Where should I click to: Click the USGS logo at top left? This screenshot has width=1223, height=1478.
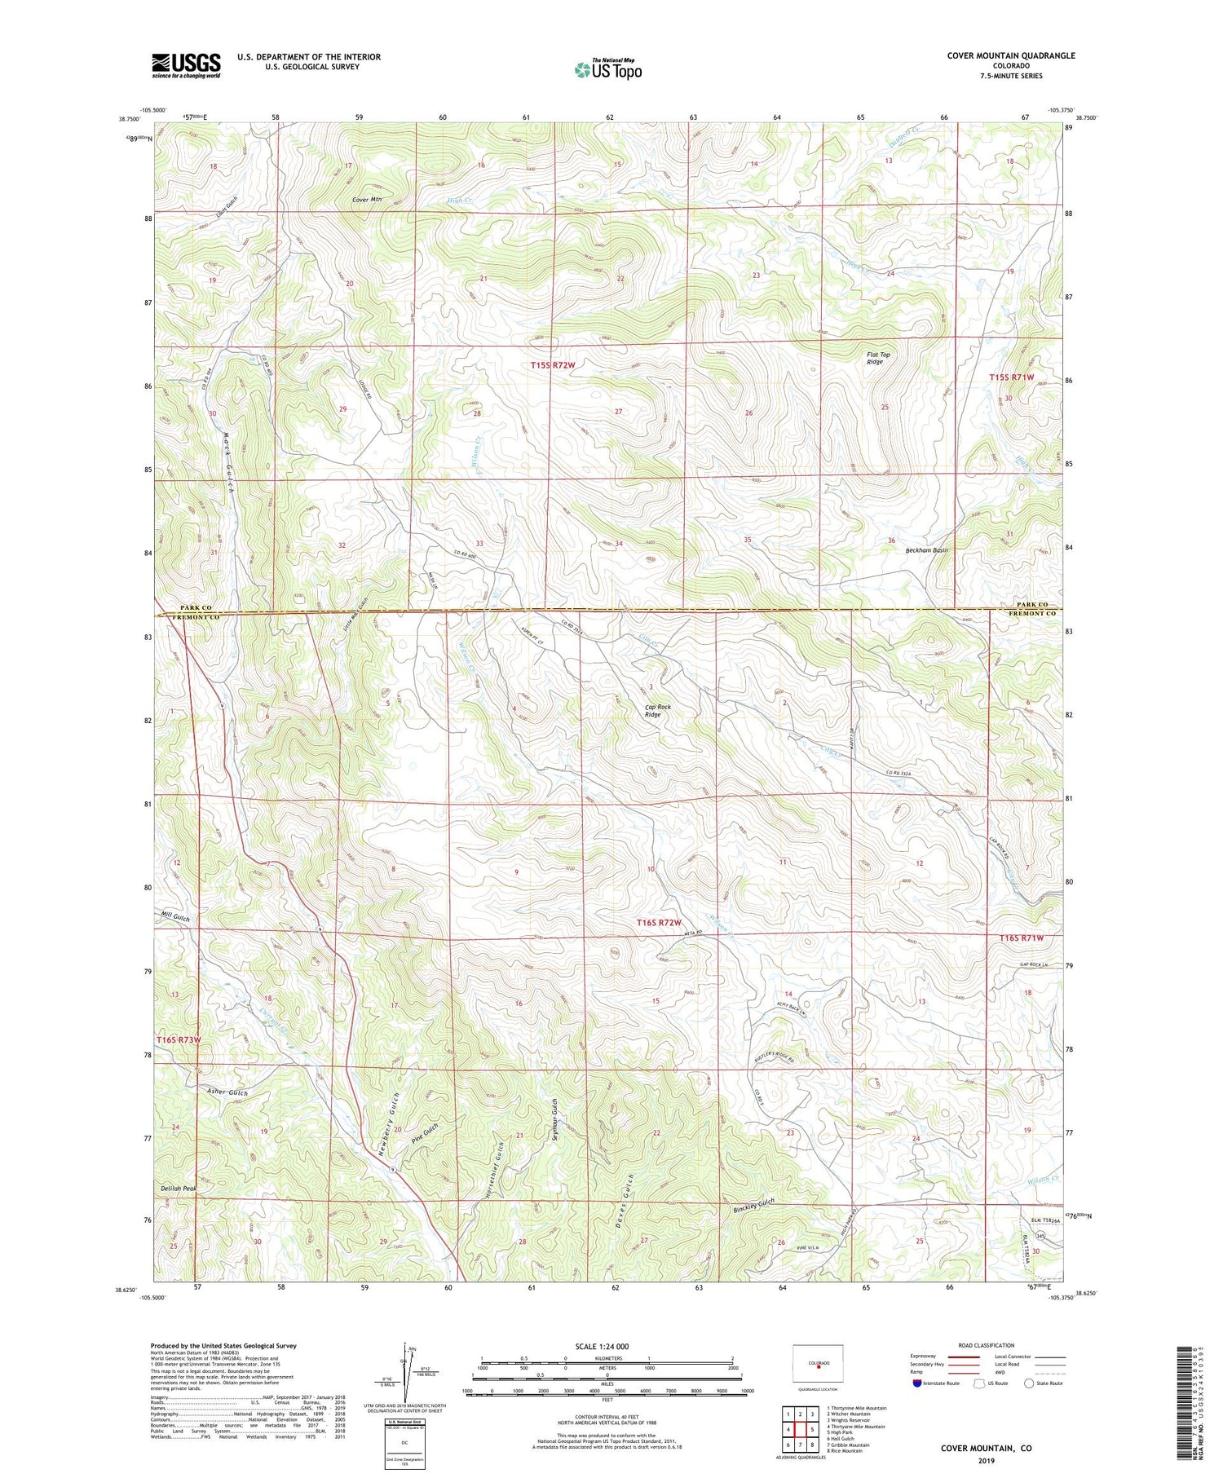(x=186, y=65)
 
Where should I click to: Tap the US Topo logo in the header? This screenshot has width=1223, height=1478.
(x=607, y=70)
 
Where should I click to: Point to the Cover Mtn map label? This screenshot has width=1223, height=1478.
(x=367, y=199)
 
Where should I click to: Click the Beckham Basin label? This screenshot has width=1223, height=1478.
(x=926, y=550)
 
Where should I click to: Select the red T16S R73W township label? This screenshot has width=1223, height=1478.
(x=179, y=1039)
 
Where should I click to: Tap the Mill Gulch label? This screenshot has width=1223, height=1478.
(x=175, y=917)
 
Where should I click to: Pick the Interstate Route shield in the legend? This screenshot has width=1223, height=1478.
(x=916, y=1383)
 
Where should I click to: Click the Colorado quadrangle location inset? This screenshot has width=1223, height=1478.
(x=818, y=1363)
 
